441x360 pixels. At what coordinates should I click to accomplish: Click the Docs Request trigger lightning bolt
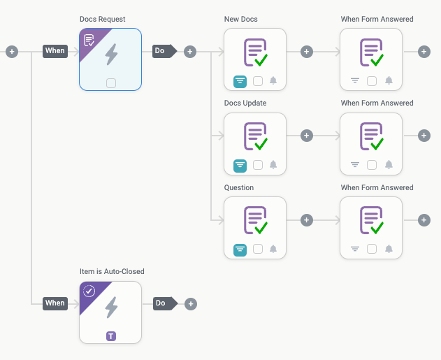110,54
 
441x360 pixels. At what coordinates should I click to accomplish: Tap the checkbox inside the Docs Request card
110,83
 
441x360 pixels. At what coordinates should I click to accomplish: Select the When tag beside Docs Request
55,51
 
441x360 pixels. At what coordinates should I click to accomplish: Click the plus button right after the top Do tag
190,51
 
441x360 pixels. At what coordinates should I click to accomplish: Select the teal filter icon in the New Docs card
240,80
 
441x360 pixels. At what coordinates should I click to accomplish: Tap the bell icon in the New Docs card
273,80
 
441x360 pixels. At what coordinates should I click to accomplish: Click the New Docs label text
240,19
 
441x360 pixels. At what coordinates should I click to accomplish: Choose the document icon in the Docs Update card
255,136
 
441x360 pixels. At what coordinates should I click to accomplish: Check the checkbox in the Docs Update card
257,165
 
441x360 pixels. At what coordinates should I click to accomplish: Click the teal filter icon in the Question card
240,249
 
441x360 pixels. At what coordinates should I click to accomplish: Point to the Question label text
239,187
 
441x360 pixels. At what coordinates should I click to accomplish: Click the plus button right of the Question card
306,220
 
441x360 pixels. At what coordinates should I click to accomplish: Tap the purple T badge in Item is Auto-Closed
110,336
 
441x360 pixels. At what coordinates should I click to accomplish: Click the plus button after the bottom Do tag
190,304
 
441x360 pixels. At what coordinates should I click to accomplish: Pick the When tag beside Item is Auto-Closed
55,303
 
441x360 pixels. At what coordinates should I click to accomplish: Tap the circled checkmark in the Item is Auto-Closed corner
89,291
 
